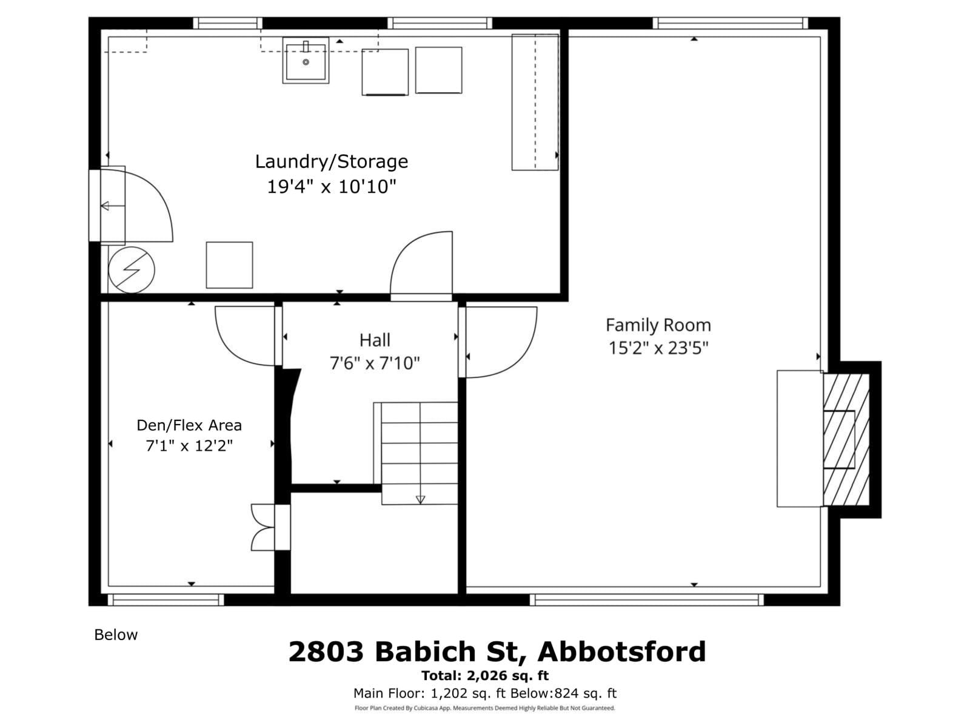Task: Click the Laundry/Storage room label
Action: click(x=331, y=162)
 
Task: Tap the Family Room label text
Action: click(x=658, y=325)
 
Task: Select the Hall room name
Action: click(x=374, y=340)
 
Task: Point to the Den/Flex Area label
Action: click(x=189, y=425)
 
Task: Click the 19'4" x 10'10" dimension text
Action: click(x=331, y=187)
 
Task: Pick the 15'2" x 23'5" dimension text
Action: click(x=658, y=348)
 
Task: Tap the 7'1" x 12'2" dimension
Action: click(x=189, y=446)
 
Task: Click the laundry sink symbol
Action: click(x=306, y=60)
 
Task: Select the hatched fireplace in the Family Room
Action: click(x=846, y=440)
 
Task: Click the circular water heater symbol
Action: click(x=132, y=270)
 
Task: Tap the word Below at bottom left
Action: click(x=116, y=635)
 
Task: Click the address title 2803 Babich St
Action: click(x=497, y=652)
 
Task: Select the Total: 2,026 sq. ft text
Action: click(x=485, y=675)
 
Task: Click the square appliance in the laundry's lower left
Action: click(x=229, y=265)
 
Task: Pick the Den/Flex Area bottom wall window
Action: click(x=166, y=599)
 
